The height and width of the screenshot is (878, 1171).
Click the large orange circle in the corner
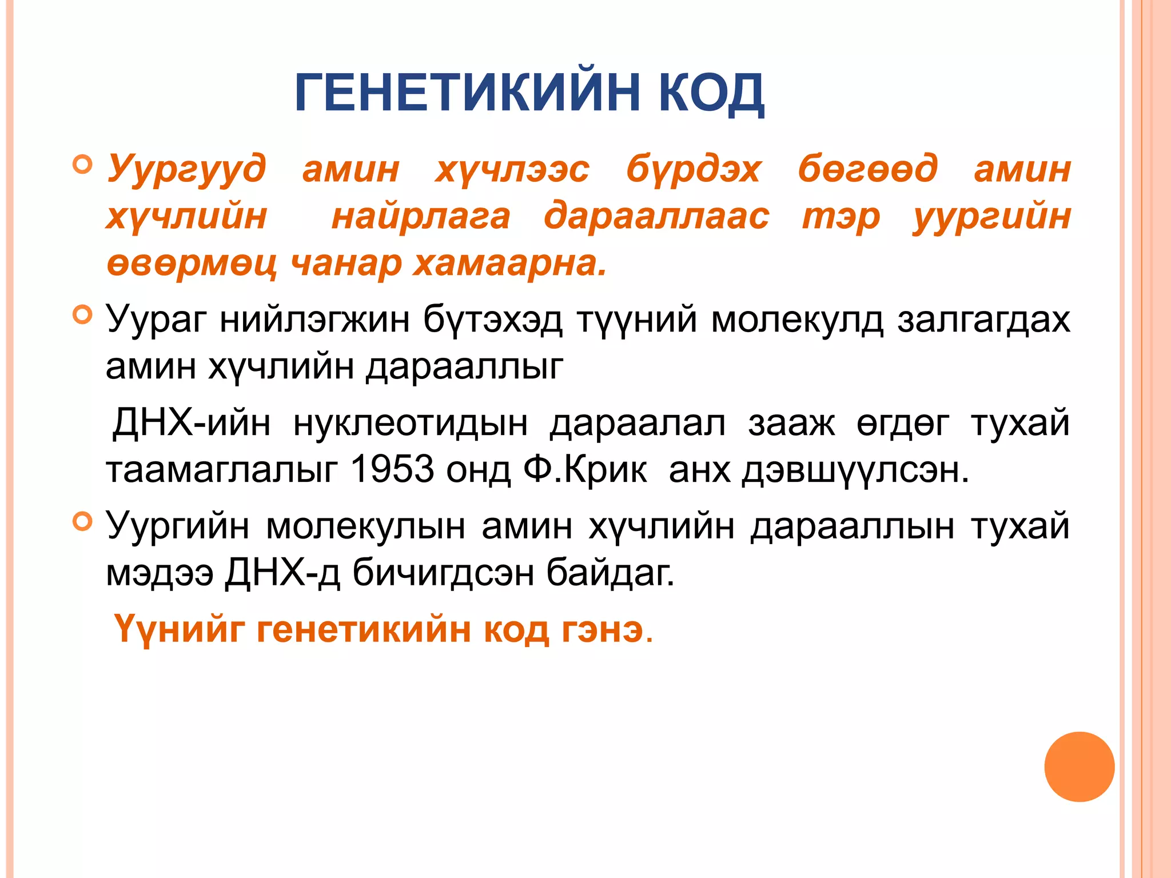pos(1079,767)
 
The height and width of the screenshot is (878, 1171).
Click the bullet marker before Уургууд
pos(83,165)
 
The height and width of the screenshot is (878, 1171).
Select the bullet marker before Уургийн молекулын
pos(83,521)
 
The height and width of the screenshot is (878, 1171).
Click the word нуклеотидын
pos(410,423)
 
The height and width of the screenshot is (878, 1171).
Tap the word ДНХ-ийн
pos(191,423)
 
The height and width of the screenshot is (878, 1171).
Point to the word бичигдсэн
pos(443,573)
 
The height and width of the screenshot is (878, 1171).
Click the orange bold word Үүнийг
pos(180,629)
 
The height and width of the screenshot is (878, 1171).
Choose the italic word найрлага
pos(421,217)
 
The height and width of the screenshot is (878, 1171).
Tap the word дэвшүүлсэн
pos(855,470)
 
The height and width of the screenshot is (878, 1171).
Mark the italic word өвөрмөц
pos(192,264)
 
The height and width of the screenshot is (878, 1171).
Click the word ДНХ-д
pos(282,573)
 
